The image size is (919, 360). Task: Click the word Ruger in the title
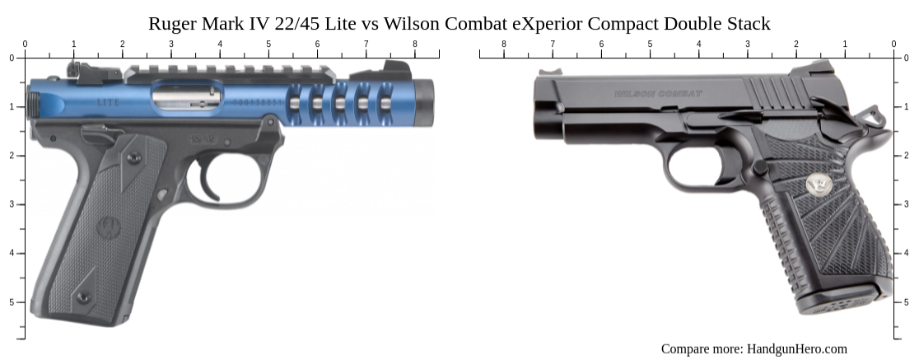point(172,24)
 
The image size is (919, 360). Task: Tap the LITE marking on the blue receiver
point(107,102)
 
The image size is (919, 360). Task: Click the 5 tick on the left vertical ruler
point(21,302)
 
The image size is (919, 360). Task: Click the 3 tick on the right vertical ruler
point(898,204)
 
